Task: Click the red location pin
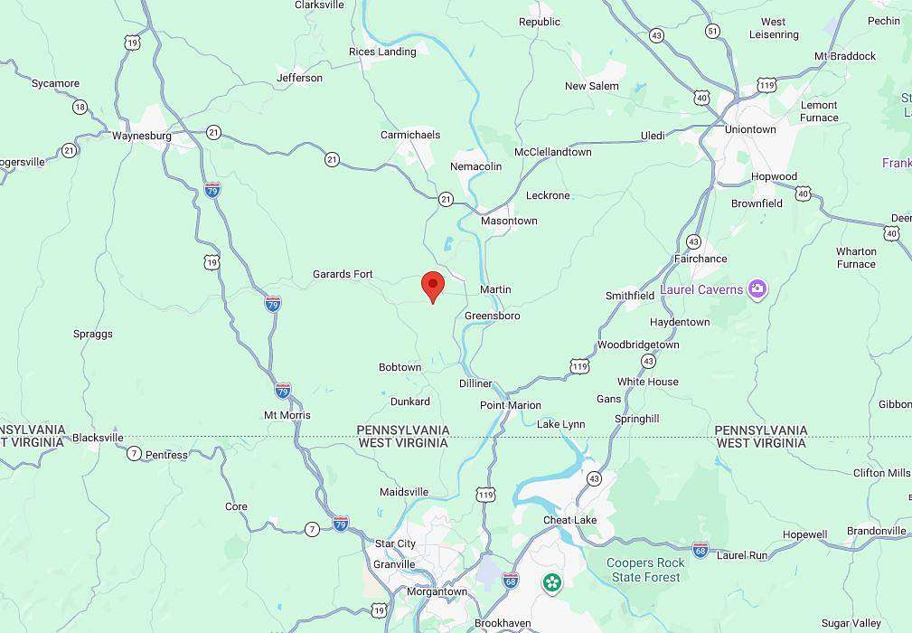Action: tap(433, 286)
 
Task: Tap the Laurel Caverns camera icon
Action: tap(757, 289)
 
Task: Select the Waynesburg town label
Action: tap(142, 137)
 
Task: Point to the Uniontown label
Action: tap(750, 129)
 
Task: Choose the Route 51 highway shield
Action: tap(713, 31)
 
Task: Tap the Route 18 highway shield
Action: tap(80, 108)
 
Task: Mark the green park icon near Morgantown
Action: tap(551, 582)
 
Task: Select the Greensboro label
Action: tap(492, 316)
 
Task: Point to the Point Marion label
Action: tap(511, 405)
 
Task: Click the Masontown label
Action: tap(509, 221)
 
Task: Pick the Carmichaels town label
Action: tap(410, 135)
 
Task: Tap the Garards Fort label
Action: tap(343, 274)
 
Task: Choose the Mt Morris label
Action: tap(287, 415)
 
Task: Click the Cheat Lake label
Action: tap(569, 520)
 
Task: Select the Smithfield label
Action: tap(630, 296)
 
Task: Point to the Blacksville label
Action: tap(98, 438)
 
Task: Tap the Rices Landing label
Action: tap(382, 52)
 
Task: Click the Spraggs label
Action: tap(93, 334)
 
